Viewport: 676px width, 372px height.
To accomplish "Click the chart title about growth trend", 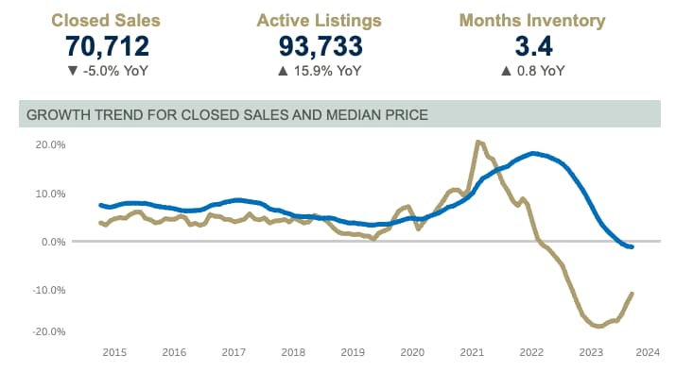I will (x=227, y=115).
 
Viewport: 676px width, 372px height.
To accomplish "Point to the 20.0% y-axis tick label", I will (x=48, y=144).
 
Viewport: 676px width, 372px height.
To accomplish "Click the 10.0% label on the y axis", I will (x=48, y=194).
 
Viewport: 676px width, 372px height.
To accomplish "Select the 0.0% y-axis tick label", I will (x=51, y=242).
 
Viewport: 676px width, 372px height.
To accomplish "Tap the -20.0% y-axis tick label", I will (x=46, y=331).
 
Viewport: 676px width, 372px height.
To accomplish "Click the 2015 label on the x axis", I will (x=113, y=352).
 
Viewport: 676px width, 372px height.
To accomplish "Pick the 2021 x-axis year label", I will (x=472, y=352).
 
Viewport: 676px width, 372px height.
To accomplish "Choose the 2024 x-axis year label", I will (x=647, y=352).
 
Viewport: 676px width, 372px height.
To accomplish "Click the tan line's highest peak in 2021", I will (x=477, y=142).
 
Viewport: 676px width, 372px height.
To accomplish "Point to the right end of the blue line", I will (x=632, y=246).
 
